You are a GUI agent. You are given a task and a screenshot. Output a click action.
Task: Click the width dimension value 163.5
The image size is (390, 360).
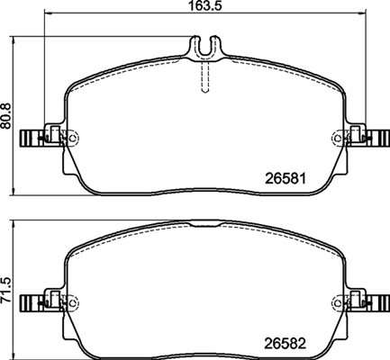click(x=205, y=5)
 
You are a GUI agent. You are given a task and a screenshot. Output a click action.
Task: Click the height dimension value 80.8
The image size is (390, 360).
click(x=6, y=115)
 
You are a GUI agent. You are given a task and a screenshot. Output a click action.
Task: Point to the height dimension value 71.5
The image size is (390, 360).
click(x=6, y=290)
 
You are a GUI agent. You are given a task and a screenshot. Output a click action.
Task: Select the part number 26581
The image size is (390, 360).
click(x=286, y=179)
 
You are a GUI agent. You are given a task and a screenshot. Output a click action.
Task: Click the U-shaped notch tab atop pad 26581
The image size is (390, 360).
click(x=205, y=48)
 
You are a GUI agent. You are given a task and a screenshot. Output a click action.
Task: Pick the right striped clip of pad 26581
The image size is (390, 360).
click(x=378, y=139)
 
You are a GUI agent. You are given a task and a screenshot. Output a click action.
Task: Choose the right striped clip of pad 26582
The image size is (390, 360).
click(x=378, y=303)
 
